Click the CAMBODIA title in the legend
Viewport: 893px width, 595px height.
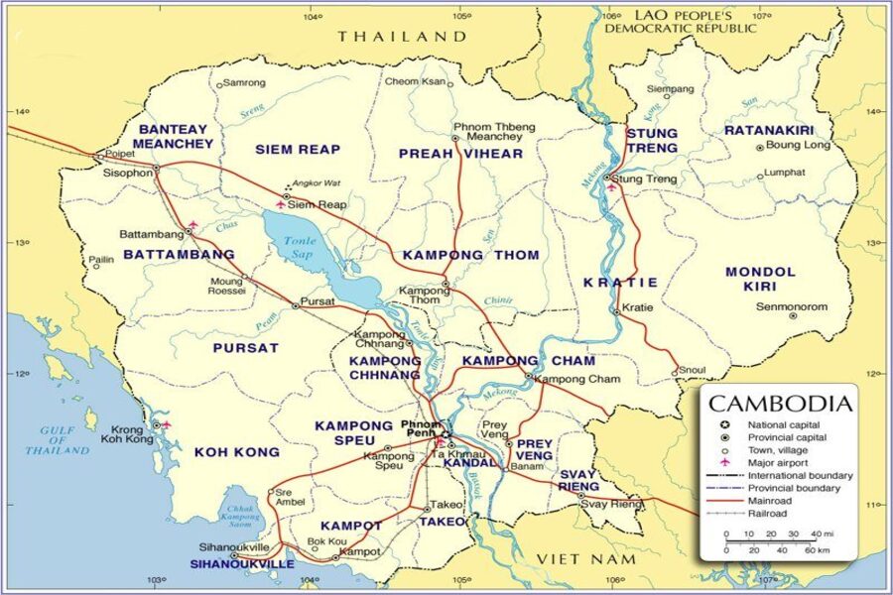780,404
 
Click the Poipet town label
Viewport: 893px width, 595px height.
120,155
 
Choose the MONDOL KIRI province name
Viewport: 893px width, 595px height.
760,279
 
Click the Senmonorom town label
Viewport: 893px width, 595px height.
792,306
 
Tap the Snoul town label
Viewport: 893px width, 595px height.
693,369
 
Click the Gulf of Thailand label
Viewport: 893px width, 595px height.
58,439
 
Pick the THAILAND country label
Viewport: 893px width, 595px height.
402,36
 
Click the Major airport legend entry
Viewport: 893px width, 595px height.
779,462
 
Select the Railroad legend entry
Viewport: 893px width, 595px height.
768,514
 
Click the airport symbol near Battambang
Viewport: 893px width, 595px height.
192,225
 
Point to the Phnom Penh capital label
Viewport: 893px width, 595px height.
421,429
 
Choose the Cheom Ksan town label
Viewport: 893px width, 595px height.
415,81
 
